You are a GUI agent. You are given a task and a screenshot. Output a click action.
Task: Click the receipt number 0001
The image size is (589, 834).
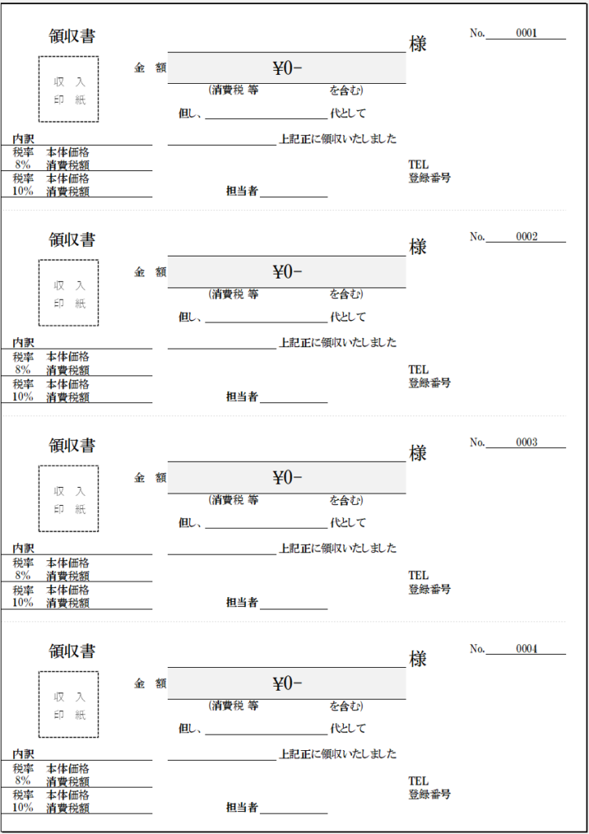tap(526, 33)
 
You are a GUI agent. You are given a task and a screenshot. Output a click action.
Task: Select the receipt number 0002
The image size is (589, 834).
tap(526, 237)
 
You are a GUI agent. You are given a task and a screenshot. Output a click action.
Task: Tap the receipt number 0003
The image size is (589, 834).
tap(526, 442)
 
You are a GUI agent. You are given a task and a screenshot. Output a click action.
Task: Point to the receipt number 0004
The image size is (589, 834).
tap(526, 649)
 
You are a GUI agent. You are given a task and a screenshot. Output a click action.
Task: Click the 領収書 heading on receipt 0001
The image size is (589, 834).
tap(72, 36)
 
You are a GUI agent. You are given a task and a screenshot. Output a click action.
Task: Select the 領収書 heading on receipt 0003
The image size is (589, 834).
tap(72, 446)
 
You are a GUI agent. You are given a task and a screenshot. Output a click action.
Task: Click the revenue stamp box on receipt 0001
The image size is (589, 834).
tap(68, 89)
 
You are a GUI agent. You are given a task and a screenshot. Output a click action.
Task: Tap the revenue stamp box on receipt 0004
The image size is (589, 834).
tap(68, 705)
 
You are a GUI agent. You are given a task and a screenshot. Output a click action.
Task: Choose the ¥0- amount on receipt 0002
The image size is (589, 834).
tap(287, 272)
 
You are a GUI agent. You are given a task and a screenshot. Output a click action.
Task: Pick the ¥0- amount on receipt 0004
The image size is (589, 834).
tap(287, 683)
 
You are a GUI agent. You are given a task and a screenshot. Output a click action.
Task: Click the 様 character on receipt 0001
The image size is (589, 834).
tap(418, 44)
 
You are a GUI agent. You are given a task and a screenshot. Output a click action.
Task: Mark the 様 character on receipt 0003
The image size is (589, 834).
tap(418, 454)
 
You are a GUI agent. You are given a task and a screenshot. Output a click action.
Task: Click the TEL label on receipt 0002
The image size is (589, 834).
tap(418, 370)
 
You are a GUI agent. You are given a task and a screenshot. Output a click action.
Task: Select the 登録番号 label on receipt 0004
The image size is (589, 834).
tap(429, 794)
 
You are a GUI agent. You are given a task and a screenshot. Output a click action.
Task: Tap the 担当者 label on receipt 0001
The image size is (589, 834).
tap(242, 191)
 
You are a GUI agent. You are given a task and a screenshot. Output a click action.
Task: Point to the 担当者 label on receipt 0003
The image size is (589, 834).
tap(242, 603)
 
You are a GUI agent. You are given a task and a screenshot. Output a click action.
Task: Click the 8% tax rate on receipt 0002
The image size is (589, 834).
tap(23, 369)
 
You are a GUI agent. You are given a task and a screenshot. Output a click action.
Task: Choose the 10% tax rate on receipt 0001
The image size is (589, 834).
tap(23, 191)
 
